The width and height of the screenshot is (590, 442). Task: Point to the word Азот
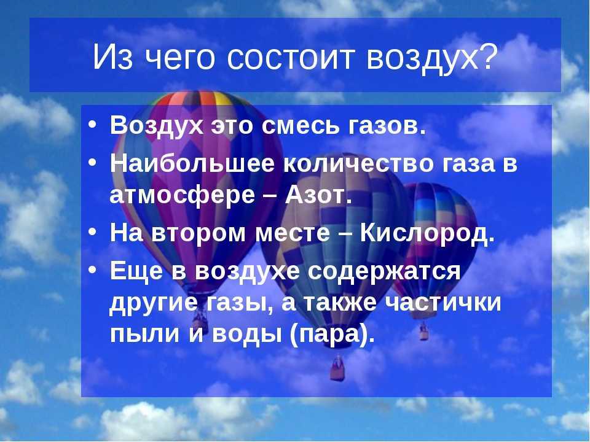[318, 195]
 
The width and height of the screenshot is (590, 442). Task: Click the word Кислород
[427, 233]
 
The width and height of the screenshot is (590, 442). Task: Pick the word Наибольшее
[192, 163]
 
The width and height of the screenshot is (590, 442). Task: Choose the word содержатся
[384, 271]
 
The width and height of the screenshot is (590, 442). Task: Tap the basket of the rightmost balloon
[424, 332]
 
